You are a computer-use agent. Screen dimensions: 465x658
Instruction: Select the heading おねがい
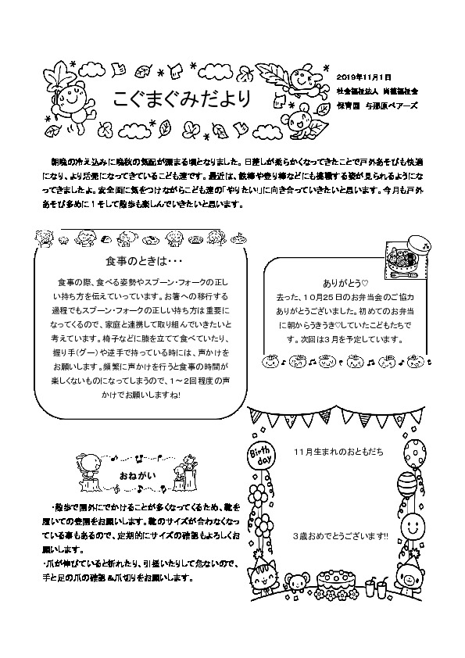(x=133, y=475)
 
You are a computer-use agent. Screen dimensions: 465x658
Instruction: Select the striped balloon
(x=406, y=485)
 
